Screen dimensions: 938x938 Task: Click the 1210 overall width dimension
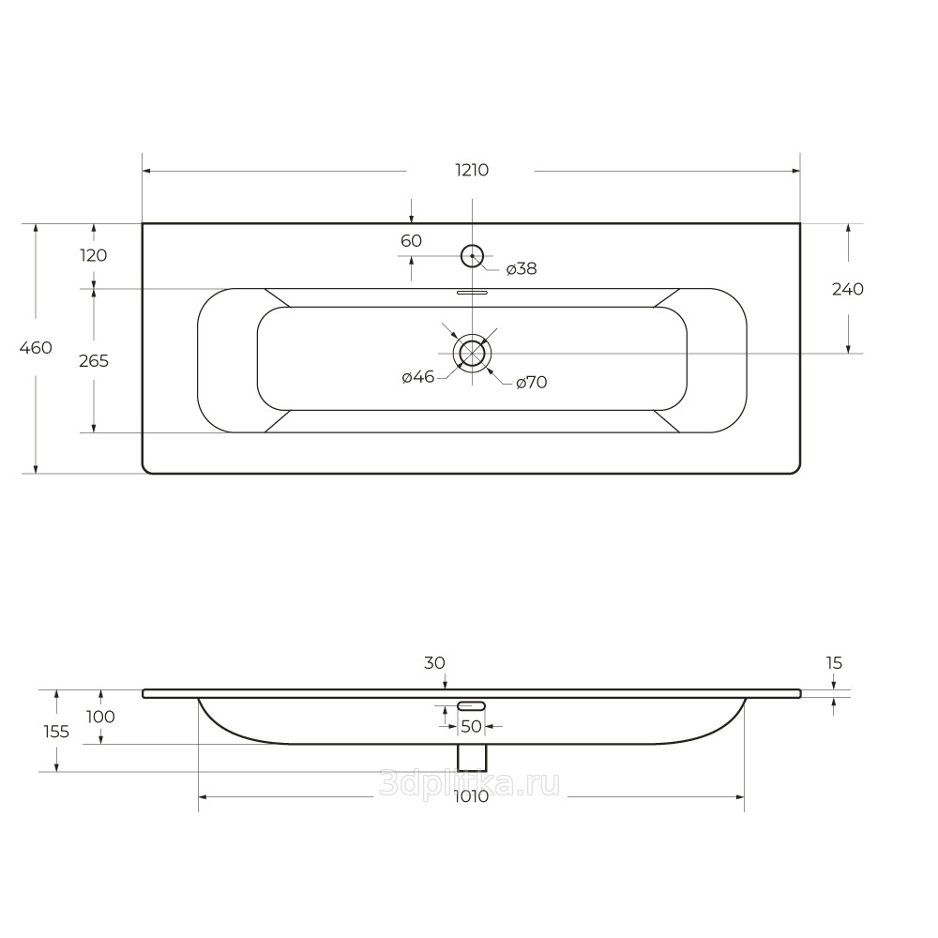point(472,171)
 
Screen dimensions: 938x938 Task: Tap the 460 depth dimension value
point(36,348)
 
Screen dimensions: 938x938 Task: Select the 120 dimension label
point(93,255)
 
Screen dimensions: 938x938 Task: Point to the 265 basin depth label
point(94,361)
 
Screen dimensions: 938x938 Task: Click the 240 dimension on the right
point(848,289)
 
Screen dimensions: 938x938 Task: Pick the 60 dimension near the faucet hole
point(411,240)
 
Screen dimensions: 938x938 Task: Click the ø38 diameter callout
point(522,268)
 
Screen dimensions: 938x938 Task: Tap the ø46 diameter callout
point(418,377)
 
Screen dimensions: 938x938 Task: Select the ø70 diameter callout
point(532,382)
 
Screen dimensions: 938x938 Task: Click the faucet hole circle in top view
point(472,245)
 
